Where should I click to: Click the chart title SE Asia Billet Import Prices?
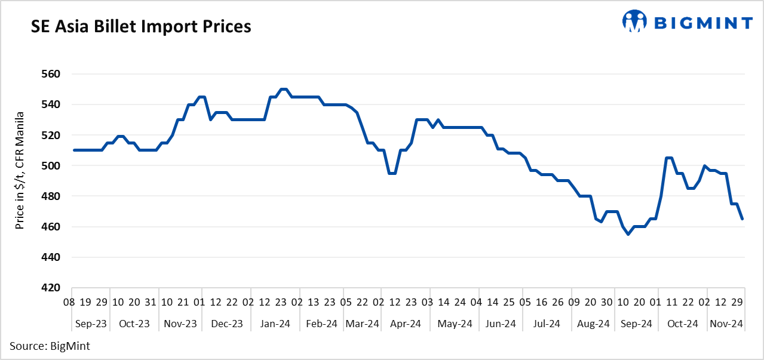tap(141, 27)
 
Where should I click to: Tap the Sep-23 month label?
tap(91, 324)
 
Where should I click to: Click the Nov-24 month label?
tap(727, 324)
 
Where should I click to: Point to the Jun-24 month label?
tap(501, 324)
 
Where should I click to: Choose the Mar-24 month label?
tap(363, 324)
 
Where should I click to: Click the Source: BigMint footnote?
tap(50, 346)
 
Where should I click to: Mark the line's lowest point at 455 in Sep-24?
tap(628, 234)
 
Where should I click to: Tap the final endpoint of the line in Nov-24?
tap(742, 219)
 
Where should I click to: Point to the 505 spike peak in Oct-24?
tap(669, 158)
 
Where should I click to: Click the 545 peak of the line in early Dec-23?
tap(202, 97)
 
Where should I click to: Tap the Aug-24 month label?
tap(594, 324)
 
